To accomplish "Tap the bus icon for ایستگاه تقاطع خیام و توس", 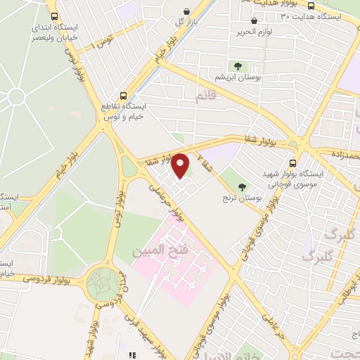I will coord(124,95).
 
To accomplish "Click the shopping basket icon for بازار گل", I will coord(186,11).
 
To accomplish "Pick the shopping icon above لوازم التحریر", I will coord(253,22).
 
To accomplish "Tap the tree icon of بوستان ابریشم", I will coord(238,66).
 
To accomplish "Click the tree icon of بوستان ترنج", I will coord(243,188).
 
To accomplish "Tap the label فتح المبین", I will coord(150,250).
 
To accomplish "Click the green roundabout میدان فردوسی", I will coord(103,285).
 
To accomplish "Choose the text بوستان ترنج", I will coord(259,199).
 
